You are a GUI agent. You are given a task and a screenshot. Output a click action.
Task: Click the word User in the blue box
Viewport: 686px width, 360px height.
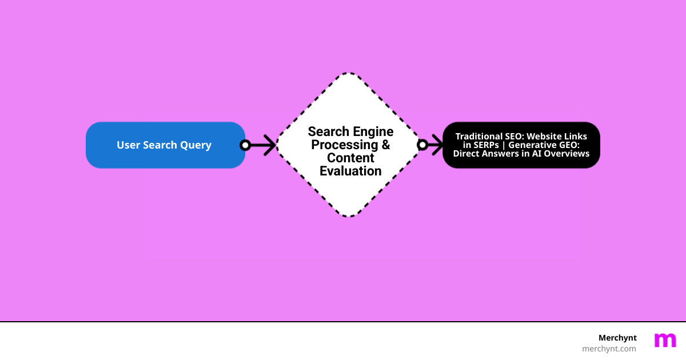pos(129,145)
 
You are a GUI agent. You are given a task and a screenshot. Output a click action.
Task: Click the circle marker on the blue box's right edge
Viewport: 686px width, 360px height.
pos(245,145)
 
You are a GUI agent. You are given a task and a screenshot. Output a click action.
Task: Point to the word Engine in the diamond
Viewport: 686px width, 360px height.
pos(372,132)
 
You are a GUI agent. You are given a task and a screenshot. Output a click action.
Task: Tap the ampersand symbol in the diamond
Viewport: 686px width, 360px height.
pos(385,145)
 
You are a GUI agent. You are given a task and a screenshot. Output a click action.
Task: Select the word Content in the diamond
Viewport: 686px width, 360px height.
pos(350,158)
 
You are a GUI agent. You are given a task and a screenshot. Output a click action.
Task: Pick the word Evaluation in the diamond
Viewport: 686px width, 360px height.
pos(350,171)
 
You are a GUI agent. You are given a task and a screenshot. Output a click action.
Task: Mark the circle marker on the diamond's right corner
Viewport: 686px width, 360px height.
pos(422,145)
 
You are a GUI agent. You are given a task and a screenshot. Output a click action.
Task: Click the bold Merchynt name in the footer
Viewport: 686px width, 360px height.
pos(617,338)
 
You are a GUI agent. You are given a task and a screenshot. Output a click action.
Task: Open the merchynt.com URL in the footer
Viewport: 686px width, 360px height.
pos(609,349)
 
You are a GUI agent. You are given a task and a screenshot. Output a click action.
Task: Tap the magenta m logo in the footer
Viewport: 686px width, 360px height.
pos(665,341)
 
